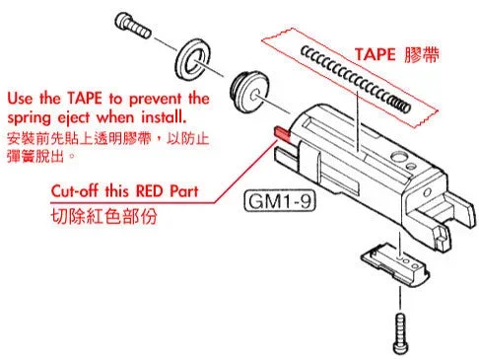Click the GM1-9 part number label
coord(280,201)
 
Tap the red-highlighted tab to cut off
coord(282,133)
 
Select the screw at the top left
coord(133,25)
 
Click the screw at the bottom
coord(400,333)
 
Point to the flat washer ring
coord(193,60)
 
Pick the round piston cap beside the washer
coord(249,92)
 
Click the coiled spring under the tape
coord(356,79)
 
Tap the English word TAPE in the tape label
coord(375,54)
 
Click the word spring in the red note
coord(30,118)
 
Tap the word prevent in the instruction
coord(155,99)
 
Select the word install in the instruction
coord(164,116)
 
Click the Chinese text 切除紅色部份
coord(104,216)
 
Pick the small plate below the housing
coord(395,263)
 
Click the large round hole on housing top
coord(398,156)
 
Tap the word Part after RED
coord(184,191)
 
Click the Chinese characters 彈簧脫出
coord(35,156)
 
